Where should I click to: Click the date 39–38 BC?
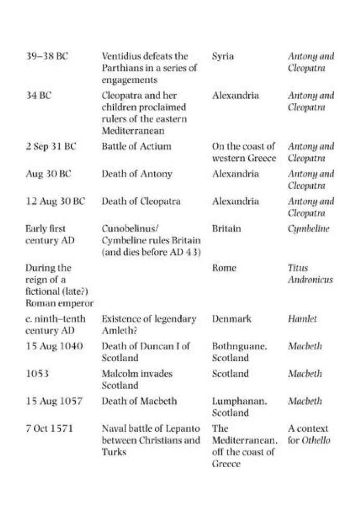pyautogui.click(x=47, y=56)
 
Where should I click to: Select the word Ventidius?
pyautogui.click(x=121, y=56)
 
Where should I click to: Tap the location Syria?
pyautogui.click(x=222, y=56)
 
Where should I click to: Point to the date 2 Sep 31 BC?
pyautogui.click(x=51, y=146)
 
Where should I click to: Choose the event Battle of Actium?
pyautogui.click(x=136, y=146)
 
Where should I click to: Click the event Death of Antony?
pyautogui.click(x=137, y=174)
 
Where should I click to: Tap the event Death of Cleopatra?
pyautogui.click(x=141, y=201)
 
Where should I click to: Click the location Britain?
pyautogui.click(x=226, y=229)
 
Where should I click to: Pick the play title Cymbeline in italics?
pyautogui.click(x=308, y=229)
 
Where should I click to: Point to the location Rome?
pyautogui.click(x=224, y=268)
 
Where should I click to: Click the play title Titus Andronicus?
pyautogui.click(x=310, y=274)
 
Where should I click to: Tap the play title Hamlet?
pyautogui.click(x=302, y=319)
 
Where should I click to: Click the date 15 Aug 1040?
pyautogui.click(x=54, y=346)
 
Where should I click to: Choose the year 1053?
pyautogui.click(x=36, y=374)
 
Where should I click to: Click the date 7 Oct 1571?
pyautogui.click(x=49, y=429)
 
